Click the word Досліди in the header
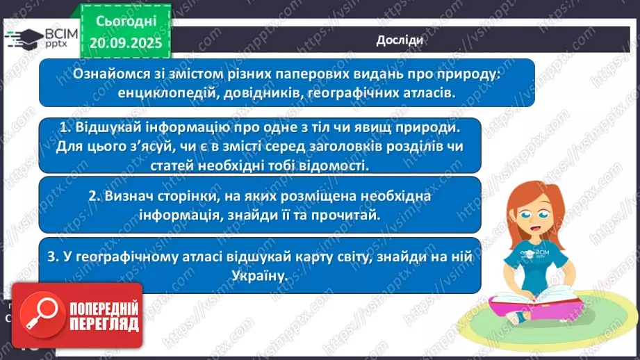click(399, 40)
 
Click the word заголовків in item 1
click(304, 147)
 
